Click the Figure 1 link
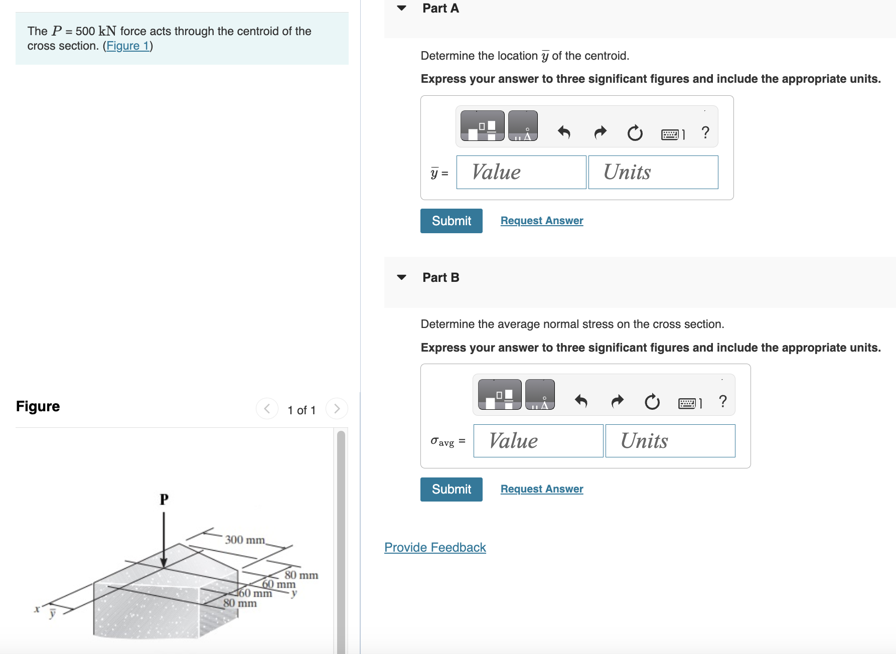click(128, 46)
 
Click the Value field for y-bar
click(521, 172)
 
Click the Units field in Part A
click(653, 172)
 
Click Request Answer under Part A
click(541, 221)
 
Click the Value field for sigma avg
click(538, 441)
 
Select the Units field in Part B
click(670, 441)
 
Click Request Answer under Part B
click(541, 489)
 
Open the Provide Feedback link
click(435, 547)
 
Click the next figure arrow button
click(337, 409)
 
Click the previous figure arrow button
click(267, 409)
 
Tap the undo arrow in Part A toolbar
click(564, 132)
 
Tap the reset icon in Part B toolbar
click(652, 401)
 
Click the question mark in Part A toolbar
click(705, 132)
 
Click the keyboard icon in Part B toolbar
click(687, 403)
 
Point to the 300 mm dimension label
click(244, 540)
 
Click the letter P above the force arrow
click(164, 499)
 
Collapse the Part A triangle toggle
click(401, 8)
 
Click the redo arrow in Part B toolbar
click(617, 401)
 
